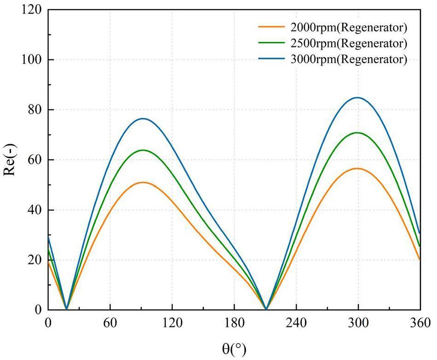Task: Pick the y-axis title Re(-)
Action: pyautogui.click(x=12, y=159)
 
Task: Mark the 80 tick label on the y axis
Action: pyautogui.click(x=34, y=110)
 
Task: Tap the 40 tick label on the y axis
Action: pyautogui.click(x=34, y=210)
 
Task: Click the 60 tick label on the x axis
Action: pyautogui.click(x=110, y=322)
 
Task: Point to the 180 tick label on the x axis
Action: pyautogui.click(x=234, y=322)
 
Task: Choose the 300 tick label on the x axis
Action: pyautogui.click(x=358, y=322)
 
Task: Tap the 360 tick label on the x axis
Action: pyautogui.click(x=420, y=322)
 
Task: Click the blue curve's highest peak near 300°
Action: pyautogui.click(x=357, y=98)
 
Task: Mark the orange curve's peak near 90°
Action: pyautogui.click(x=143, y=182)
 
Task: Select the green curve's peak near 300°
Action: pyautogui.click(x=357, y=133)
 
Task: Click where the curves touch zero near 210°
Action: pyautogui.click(x=266, y=309)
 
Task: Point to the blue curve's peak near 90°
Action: pyautogui.click(x=143, y=118)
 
